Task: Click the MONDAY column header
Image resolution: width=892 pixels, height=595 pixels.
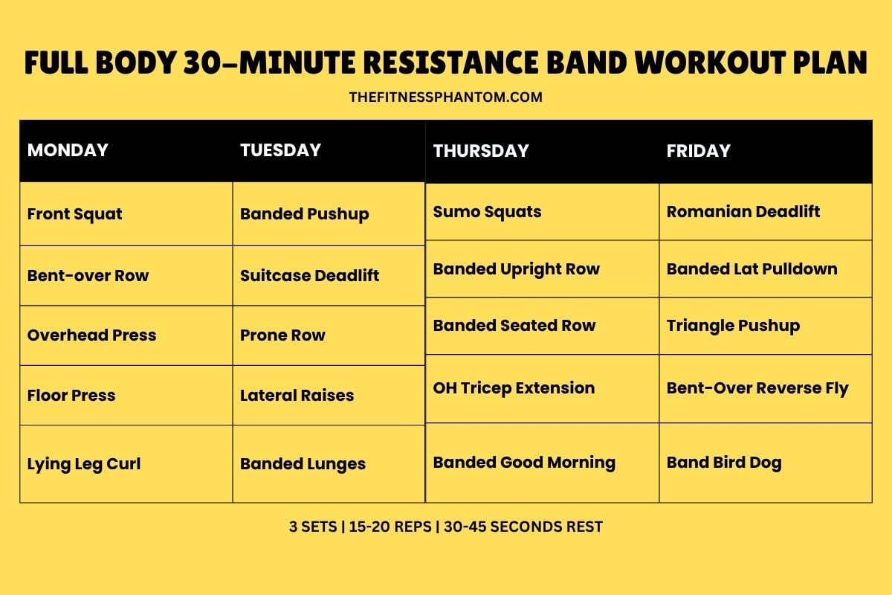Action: coord(68,150)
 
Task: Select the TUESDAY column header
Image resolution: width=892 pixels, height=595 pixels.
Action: coord(280,150)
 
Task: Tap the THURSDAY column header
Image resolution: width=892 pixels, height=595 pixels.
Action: coord(481,151)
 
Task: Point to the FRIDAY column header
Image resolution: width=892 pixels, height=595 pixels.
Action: coord(698,151)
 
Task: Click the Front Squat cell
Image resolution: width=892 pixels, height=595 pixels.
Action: coord(74,214)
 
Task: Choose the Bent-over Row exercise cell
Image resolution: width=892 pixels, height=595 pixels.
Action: coord(88,276)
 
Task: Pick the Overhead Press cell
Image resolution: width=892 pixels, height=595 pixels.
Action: coord(91,335)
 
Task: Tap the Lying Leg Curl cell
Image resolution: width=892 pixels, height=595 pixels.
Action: coord(83,464)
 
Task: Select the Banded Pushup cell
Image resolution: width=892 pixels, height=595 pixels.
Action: coord(304,214)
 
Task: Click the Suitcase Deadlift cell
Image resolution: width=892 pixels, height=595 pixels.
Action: coord(309,276)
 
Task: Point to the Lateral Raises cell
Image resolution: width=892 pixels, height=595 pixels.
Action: coord(297,396)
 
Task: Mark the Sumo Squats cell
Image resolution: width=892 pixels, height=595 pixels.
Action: coord(487,212)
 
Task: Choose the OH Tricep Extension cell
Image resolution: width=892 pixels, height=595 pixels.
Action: coord(514,388)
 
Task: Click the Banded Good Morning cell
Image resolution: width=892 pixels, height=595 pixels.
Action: coord(524,463)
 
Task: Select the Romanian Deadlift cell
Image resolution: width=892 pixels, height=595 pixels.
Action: coord(743,212)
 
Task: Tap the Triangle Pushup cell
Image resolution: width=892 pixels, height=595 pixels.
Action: coord(733,326)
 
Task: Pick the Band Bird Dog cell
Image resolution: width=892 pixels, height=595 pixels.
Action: coord(724,463)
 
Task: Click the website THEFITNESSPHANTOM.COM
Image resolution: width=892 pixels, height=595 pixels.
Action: coord(445,97)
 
